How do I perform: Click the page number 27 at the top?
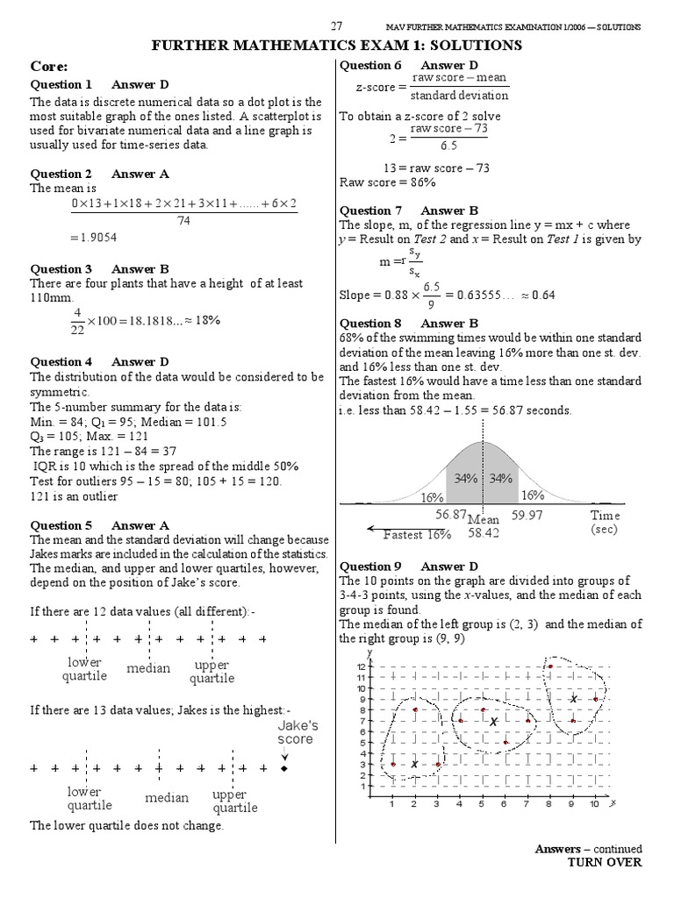tap(336, 26)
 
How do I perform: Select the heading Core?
tap(49, 66)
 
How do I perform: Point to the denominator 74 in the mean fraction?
tap(183, 222)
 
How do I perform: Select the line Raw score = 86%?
tap(387, 182)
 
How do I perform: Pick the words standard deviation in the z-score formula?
tap(459, 96)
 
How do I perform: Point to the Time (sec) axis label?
tap(605, 523)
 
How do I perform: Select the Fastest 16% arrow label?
tap(416, 534)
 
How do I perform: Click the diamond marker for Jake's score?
tap(283, 769)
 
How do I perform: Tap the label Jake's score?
tap(298, 732)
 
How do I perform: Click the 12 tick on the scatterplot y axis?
tap(361, 666)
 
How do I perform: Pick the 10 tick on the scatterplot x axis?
tap(594, 804)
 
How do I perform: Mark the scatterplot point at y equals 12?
tap(549, 666)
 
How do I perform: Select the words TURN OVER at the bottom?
tap(605, 862)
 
